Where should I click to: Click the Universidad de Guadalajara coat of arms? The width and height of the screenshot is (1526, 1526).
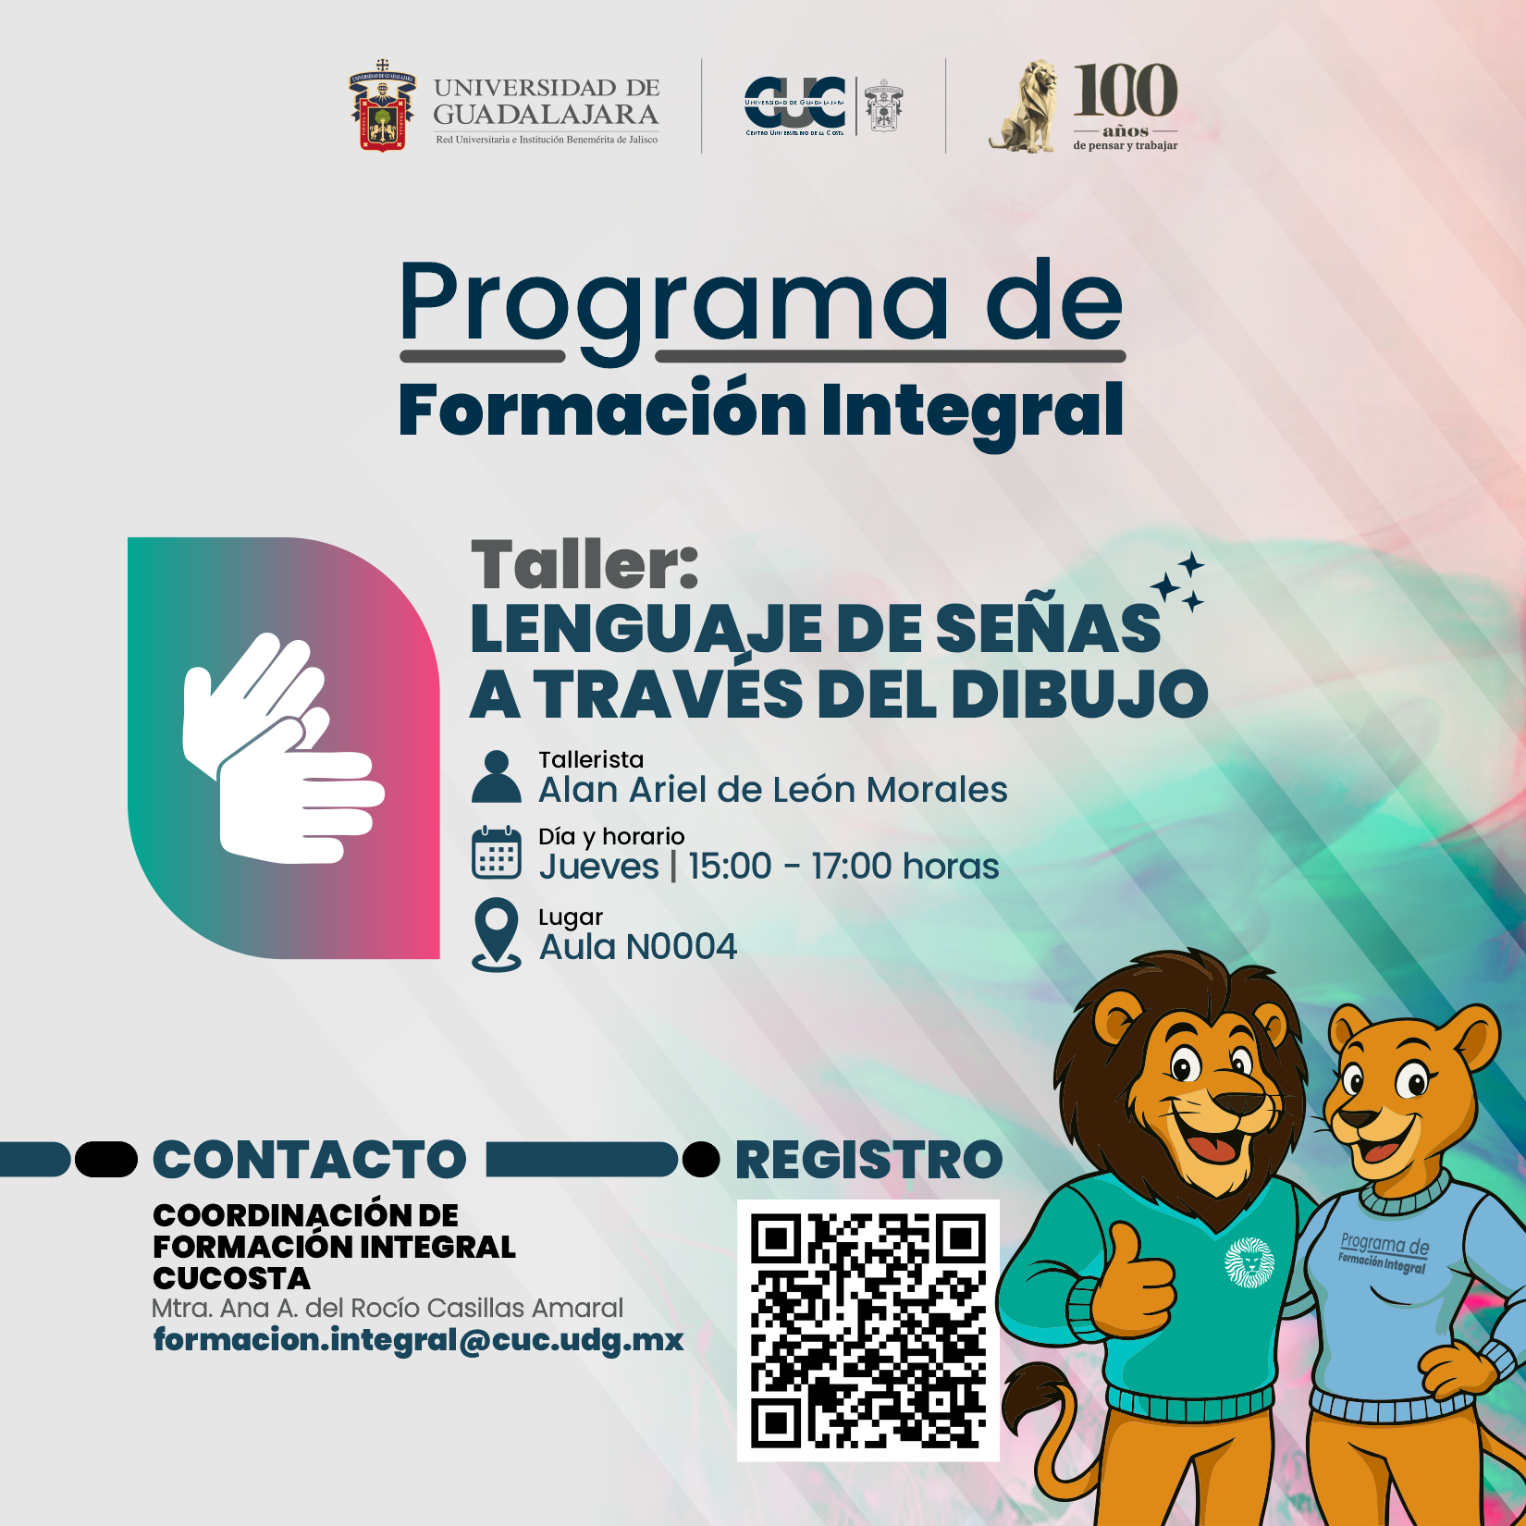tap(382, 105)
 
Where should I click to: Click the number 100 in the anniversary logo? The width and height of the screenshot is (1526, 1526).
tap(1126, 91)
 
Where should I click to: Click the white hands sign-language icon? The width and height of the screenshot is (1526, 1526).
tap(283, 748)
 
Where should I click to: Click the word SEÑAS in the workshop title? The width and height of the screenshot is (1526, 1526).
tap(1047, 629)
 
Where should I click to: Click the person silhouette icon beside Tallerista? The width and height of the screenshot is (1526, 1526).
tap(497, 776)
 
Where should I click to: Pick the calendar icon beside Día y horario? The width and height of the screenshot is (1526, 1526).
tap(497, 853)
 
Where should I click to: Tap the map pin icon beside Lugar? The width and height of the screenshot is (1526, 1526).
tap(497, 934)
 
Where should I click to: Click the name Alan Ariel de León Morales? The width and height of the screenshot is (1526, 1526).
tap(773, 790)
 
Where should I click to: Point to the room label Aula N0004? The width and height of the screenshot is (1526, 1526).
tap(638, 946)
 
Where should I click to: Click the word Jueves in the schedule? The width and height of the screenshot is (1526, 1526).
tap(599, 867)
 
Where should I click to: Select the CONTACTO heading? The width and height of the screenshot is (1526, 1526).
tap(310, 1160)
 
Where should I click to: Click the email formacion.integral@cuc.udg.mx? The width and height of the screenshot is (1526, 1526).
tap(418, 1340)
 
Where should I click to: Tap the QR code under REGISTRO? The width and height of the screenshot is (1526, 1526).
tap(868, 1331)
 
